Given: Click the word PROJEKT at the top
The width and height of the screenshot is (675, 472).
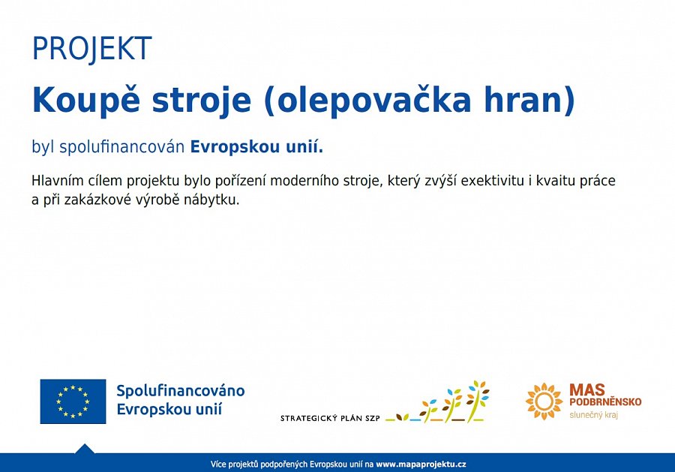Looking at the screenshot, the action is point(91,49).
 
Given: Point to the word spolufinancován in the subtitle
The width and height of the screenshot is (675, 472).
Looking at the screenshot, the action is point(121,147).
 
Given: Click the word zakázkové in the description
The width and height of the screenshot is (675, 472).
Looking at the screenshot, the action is point(97,200).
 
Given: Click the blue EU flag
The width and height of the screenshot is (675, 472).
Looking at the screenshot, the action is point(73,401).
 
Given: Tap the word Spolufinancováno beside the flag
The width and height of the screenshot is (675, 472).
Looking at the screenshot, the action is point(180,391).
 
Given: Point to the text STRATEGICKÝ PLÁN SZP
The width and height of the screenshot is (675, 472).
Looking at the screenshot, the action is point(330,418).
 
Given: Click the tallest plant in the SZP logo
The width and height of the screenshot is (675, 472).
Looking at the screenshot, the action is point(476,401).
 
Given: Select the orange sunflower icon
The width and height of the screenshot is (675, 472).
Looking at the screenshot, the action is point(544,401).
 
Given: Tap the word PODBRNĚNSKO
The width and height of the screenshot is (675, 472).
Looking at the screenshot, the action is point(605,401).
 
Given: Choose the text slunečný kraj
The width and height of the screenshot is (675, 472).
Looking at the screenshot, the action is point(594,415).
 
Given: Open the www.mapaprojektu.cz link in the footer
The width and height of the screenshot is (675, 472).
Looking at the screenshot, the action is point(421,464).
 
